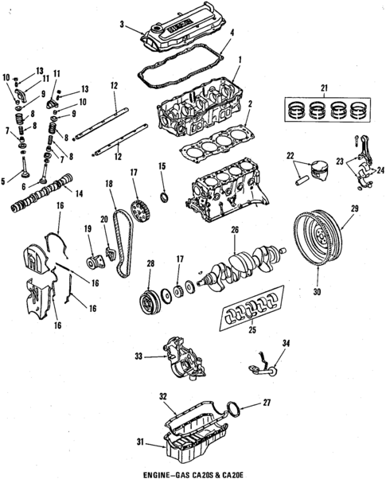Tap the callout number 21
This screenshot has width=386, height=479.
coord(324,87)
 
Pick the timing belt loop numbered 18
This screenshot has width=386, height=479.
coord(119,239)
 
